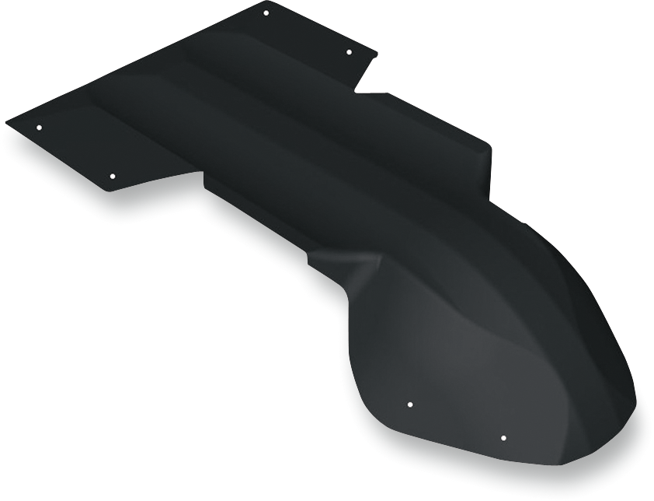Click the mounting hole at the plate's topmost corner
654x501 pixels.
click(x=266, y=13)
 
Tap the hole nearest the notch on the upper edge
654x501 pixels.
click(x=349, y=52)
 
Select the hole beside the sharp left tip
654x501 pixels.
click(x=39, y=128)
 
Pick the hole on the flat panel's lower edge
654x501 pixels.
click(x=112, y=177)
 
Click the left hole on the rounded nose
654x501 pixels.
click(x=410, y=405)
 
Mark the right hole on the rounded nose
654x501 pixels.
click(x=503, y=438)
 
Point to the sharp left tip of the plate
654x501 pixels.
click(x=7, y=122)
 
